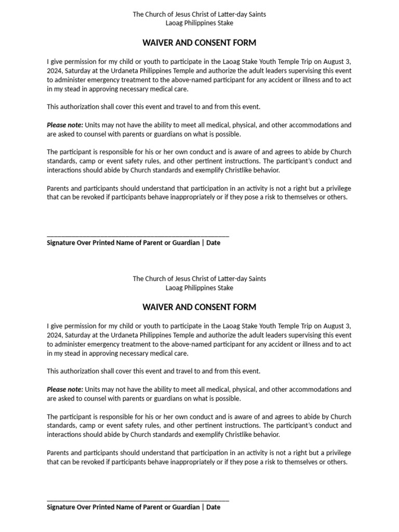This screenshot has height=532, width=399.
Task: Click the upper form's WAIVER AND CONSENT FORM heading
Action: pos(199,43)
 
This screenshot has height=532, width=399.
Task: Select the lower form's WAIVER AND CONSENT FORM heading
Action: pos(199,307)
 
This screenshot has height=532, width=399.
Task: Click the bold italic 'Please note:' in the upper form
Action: pos(64,125)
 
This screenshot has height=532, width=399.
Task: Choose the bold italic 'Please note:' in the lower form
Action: pos(64,390)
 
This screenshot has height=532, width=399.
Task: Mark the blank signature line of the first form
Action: pos(138,235)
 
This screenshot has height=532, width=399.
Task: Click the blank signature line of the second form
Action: pos(138,500)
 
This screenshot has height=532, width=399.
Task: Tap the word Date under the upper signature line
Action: pos(213,243)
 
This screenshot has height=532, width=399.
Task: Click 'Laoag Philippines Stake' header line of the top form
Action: pos(199,23)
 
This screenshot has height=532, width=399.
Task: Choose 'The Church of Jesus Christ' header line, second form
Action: pos(199,278)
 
